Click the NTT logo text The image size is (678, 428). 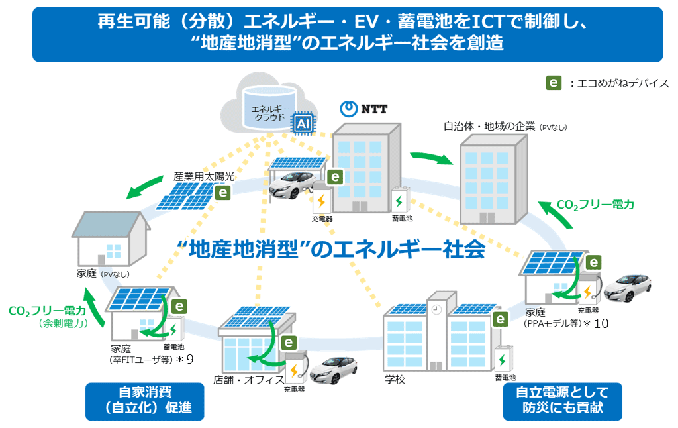click(374, 109)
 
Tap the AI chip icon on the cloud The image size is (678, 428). click(303, 124)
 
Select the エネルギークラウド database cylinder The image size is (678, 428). click(269, 108)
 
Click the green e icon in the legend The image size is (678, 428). click(554, 83)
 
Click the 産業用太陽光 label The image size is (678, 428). click(204, 176)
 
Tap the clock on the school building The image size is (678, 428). click(436, 310)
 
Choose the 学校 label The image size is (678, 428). click(395, 379)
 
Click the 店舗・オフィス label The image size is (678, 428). click(249, 380)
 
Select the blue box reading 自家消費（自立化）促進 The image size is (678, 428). click(145, 401)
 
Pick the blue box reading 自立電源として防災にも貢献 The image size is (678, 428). click(562, 401)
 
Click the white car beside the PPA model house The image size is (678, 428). click(628, 287)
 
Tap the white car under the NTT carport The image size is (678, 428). click(292, 185)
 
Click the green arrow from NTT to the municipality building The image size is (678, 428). click(432, 158)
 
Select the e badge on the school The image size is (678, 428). click(501, 319)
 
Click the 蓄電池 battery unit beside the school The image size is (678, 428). click(504, 358)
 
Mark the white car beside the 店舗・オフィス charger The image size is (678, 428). click(334, 370)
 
